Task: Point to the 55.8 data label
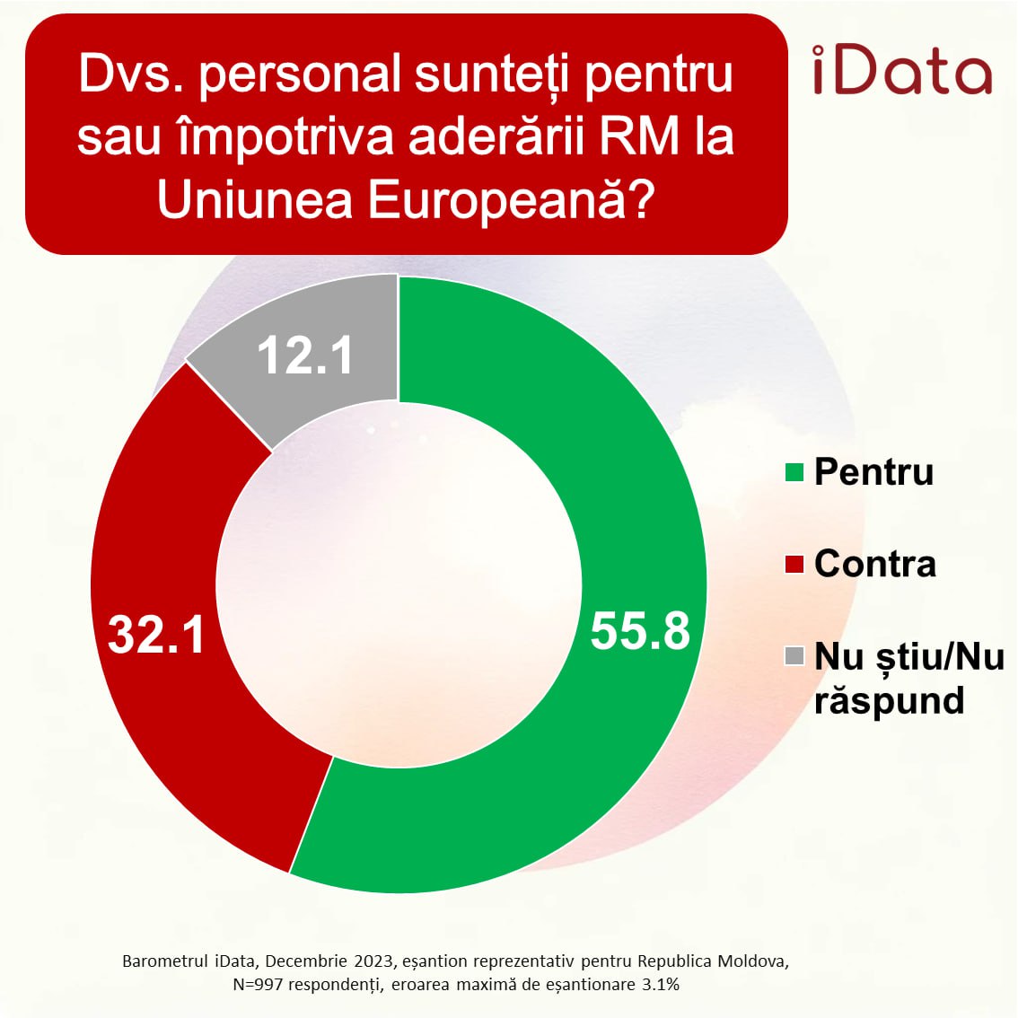(640, 630)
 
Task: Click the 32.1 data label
(156, 634)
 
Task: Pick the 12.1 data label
(305, 355)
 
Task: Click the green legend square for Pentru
(794, 472)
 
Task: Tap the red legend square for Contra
(794, 565)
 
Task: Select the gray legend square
(794, 656)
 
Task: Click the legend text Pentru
(873, 472)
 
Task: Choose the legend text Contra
(874, 565)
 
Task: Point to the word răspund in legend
(889, 701)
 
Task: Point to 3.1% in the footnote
(660, 985)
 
